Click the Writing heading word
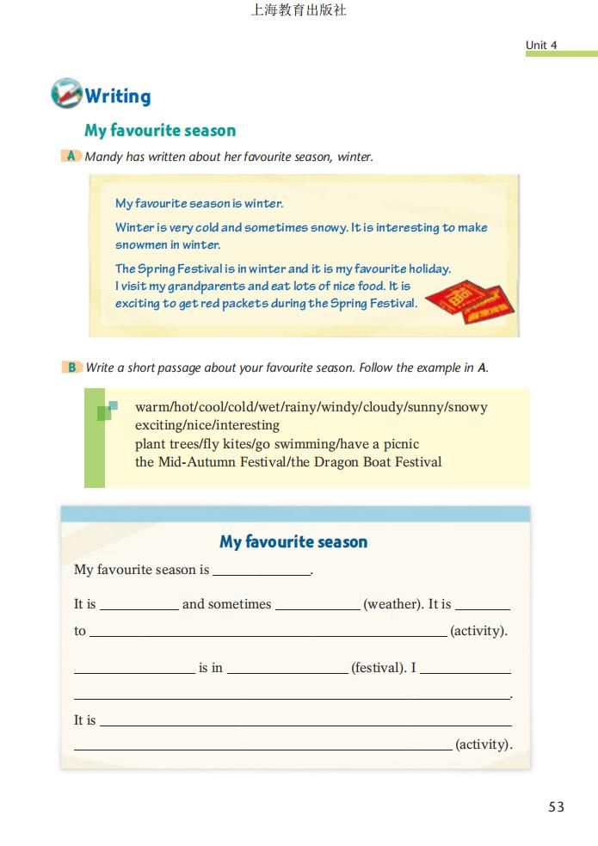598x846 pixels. [118, 96]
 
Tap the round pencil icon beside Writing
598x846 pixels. [66, 93]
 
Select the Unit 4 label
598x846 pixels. [541, 45]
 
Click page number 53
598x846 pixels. [556, 806]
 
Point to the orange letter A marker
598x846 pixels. [71, 156]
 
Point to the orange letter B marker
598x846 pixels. [71, 367]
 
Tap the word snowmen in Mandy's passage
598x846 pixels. [141, 244]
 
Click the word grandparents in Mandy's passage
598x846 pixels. [207, 286]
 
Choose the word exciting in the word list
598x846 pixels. [160, 425]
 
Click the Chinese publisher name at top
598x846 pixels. [299, 11]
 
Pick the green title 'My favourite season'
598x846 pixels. [160, 131]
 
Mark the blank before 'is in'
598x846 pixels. [134, 669]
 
